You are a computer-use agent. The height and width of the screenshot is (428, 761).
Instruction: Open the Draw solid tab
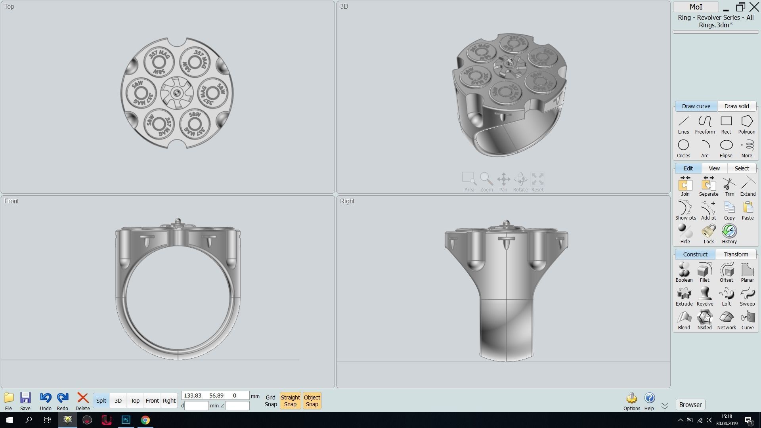pos(736,106)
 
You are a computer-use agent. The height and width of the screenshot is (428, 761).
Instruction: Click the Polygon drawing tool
pos(746,124)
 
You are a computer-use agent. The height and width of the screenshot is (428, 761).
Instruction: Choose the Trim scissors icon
pos(729,185)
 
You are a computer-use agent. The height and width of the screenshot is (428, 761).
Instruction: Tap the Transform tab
pos(736,254)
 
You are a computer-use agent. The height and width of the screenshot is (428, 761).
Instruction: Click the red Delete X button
pos(82,398)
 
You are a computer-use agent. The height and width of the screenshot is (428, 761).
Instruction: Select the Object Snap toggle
pos(312,401)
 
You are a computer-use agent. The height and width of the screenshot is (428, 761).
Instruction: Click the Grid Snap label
pos(271,401)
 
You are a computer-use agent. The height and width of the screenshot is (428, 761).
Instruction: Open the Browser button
pos(690,405)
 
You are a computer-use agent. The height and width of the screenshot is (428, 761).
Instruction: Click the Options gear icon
pos(631,399)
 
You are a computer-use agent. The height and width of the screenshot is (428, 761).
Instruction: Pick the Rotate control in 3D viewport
pos(520,180)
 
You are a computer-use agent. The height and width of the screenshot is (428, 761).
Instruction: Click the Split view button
pos(101,401)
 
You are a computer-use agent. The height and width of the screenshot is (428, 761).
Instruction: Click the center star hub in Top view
pos(177,93)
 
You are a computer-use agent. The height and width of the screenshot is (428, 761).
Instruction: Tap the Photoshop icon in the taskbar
pos(126,420)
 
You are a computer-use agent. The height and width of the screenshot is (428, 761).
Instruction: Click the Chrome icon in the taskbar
pos(145,420)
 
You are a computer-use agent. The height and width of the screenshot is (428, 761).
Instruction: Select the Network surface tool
pos(726,318)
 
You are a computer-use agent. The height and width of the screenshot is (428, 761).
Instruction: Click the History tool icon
pos(729,231)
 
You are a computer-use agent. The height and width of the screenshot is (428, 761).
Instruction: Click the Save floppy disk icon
pos(25,398)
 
